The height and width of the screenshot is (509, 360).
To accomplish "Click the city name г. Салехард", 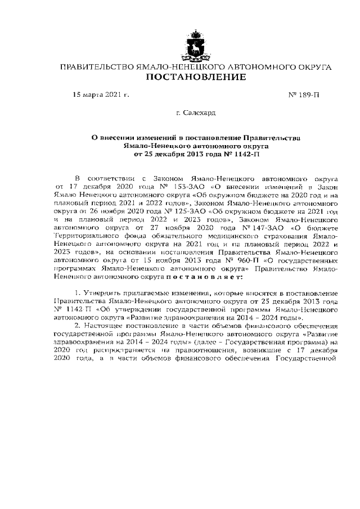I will (x=195, y=113).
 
